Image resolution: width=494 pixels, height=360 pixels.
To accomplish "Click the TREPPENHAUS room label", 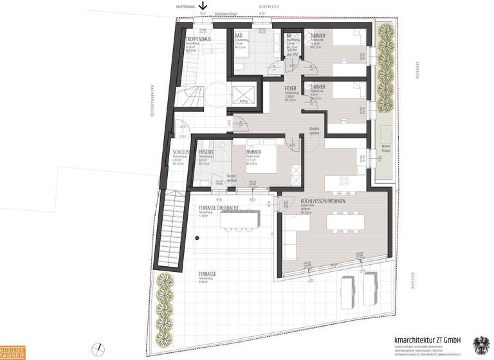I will pyautogui.click(x=198, y=40).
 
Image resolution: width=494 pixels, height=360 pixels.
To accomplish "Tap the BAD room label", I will pyautogui.click(x=239, y=35).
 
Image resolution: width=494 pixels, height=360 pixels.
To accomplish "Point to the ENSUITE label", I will pyautogui.click(x=206, y=152).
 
